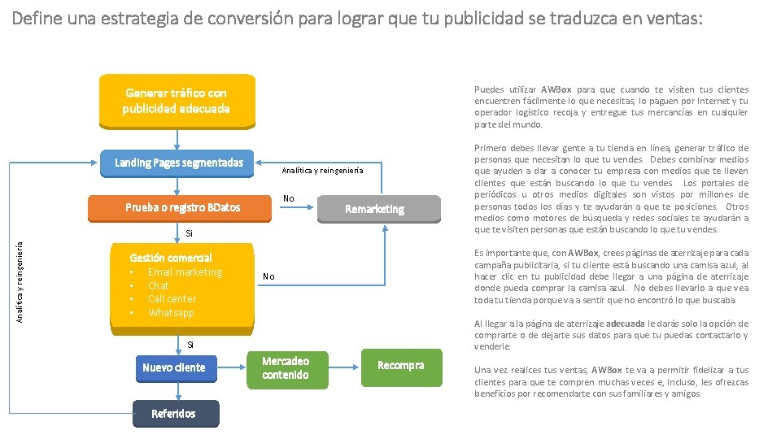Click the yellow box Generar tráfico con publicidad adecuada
click(x=177, y=101)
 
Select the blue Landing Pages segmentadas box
click(x=178, y=163)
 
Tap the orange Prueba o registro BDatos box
click(x=182, y=207)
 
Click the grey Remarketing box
click(x=374, y=210)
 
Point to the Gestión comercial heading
click(x=171, y=258)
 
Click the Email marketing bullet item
click(x=185, y=272)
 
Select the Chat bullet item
click(x=159, y=286)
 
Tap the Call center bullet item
click(x=172, y=299)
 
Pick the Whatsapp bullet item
click(x=171, y=313)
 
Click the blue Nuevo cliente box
click(x=173, y=367)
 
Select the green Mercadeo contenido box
click(x=286, y=367)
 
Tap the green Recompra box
click(x=400, y=366)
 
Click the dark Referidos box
click(x=173, y=414)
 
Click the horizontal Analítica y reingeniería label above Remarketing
click(x=322, y=172)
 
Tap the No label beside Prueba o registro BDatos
click(x=288, y=198)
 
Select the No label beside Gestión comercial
click(x=268, y=277)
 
